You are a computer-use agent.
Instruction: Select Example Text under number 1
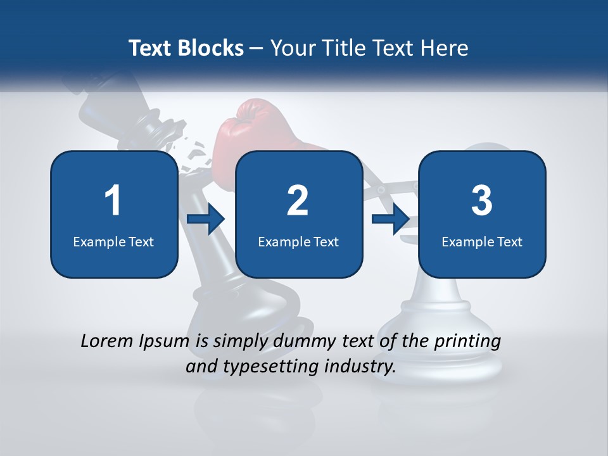tap(113, 241)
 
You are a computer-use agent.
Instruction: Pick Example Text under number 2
tap(298, 241)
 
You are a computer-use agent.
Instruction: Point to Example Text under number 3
tap(482, 241)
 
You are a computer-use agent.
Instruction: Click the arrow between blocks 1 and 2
tap(206, 220)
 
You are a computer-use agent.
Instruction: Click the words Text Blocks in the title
tap(186, 48)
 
